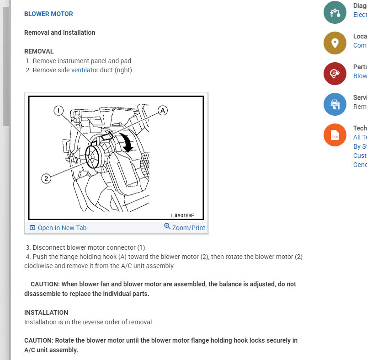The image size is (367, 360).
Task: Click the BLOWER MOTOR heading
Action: click(x=48, y=14)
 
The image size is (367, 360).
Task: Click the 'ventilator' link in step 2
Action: click(x=85, y=70)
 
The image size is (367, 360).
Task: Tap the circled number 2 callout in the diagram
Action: click(x=46, y=178)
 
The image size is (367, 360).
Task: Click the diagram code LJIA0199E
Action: click(x=182, y=215)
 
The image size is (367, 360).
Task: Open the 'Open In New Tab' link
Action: click(x=62, y=228)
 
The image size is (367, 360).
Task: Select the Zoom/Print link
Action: click(x=188, y=227)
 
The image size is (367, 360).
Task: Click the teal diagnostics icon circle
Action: click(x=335, y=12)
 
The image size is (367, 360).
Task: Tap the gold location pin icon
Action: click(x=335, y=43)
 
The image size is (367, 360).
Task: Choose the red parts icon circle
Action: click(x=335, y=74)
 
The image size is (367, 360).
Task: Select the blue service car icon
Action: click(x=335, y=104)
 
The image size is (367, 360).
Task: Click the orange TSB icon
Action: click(x=335, y=135)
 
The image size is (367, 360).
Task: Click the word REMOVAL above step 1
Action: click(x=39, y=51)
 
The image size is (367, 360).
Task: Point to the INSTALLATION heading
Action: click(x=46, y=312)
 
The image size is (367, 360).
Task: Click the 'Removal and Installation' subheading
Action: click(x=59, y=32)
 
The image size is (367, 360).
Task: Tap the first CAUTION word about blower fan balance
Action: click(x=45, y=284)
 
